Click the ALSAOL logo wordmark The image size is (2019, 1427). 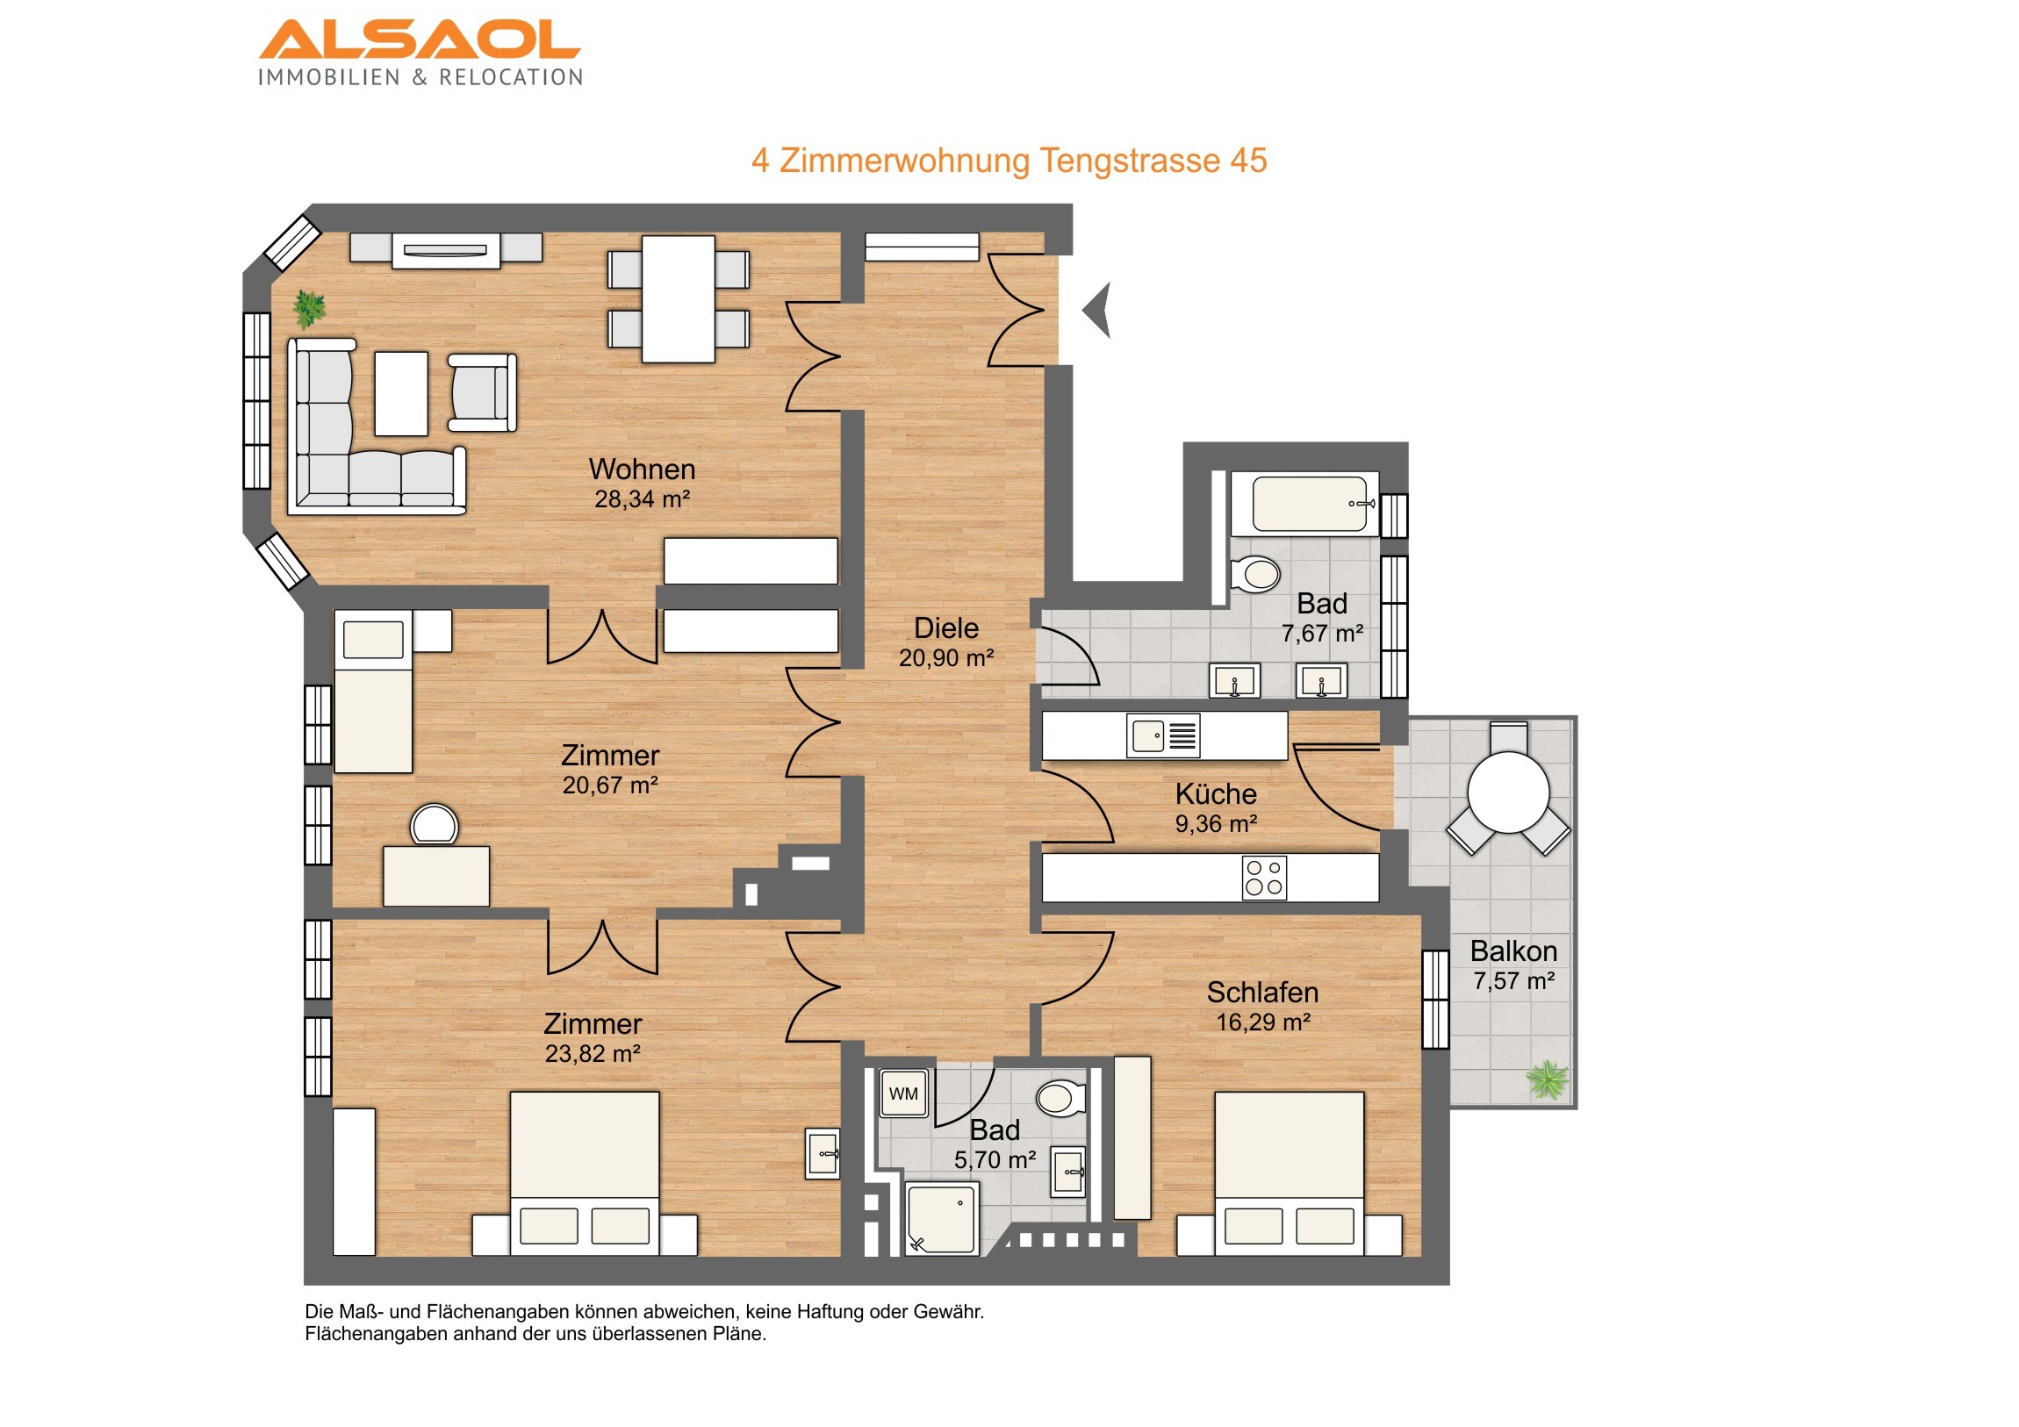tap(420, 39)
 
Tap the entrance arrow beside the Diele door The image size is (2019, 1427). tap(1098, 311)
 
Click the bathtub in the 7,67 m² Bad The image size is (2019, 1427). tap(1306, 504)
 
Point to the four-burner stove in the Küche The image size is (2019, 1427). tap(1265, 878)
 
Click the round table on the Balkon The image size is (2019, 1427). tap(1508, 792)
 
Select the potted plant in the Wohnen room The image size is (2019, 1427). tap(309, 310)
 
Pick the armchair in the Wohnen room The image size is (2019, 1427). tap(482, 392)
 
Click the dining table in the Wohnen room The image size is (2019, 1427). tap(678, 299)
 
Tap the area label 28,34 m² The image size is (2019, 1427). tap(642, 499)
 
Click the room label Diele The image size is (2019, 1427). tap(946, 627)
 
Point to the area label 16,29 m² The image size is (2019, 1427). tap(1264, 1022)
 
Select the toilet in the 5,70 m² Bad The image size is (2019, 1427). tap(1060, 1098)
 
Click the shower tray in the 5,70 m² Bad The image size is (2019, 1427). tap(942, 1218)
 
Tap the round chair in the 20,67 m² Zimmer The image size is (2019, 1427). tap(434, 825)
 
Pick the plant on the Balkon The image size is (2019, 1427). tap(1548, 1079)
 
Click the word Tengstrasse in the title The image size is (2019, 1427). tap(1130, 161)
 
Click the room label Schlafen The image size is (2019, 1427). tap(1263, 993)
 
